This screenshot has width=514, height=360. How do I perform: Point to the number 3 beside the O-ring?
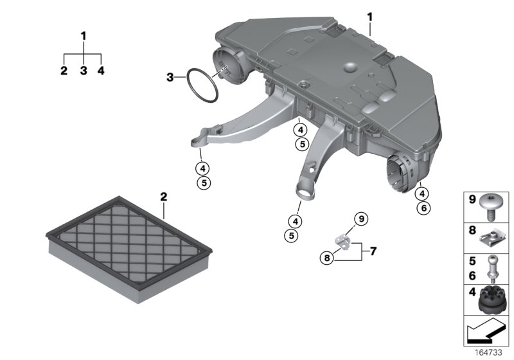pos(170,78)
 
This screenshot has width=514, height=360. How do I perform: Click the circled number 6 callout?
pos(422,208)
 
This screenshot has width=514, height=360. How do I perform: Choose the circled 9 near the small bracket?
pos(360,219)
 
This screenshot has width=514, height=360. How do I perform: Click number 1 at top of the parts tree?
pos(83,36)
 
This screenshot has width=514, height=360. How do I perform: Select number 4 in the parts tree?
pos(101,71)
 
